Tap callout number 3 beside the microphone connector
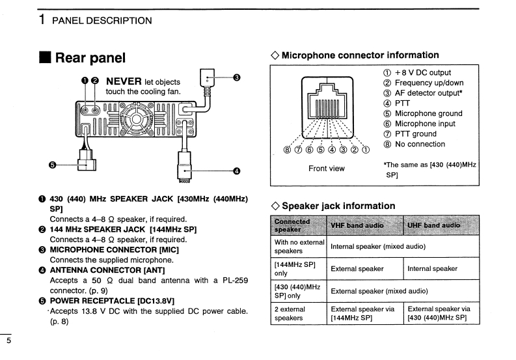point(237,77)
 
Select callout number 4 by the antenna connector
point(237,171)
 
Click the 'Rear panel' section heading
point(90,58)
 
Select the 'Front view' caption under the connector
point(327,169)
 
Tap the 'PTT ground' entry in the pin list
point(416,134)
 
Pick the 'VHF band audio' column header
point(357,225)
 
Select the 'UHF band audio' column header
point(434,225)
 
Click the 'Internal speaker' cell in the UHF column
point(432,268)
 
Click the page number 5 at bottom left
point(8,340)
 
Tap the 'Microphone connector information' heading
point(360,55)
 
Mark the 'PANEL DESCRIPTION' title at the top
point(102,20)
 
